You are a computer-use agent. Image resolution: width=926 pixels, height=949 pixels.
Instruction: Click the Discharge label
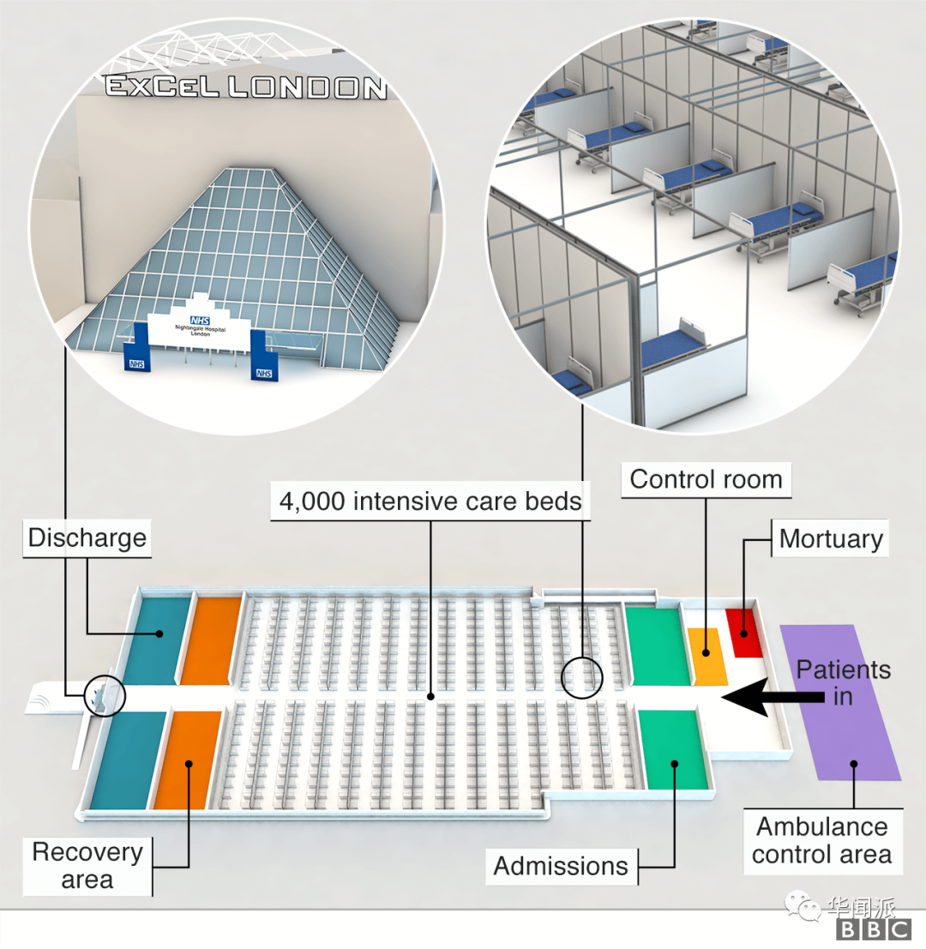(87, 538)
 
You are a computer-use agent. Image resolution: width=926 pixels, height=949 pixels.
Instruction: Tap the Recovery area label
(87, 866)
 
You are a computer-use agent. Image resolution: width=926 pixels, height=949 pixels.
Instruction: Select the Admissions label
(561, 866)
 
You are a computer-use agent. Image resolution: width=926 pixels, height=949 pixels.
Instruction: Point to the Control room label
(707, 480)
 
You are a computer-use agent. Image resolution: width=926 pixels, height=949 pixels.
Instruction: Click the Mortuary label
(830, 538)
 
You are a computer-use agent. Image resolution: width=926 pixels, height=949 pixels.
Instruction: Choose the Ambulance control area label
(822, 841)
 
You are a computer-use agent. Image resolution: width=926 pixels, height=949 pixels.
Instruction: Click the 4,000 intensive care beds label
(430, 502)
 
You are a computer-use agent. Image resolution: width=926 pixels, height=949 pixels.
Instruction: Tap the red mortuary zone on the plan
(744, 633)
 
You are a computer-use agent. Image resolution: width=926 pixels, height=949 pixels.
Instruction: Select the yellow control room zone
(707, 656)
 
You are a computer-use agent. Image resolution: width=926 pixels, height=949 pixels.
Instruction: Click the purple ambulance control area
(840, 702)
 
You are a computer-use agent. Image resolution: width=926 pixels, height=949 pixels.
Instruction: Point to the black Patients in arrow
(773, 697)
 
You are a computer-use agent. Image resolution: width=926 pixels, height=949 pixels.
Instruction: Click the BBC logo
(874, 929)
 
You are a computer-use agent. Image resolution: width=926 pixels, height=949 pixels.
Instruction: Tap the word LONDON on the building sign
(308, 87)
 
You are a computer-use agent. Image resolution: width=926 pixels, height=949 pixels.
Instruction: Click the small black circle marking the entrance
(105, 695)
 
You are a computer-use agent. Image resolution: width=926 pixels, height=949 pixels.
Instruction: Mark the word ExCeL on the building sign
(162, 86)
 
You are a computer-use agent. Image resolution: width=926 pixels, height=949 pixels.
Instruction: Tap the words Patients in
(843, 682)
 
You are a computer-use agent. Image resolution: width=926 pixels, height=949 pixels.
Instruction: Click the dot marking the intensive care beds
(431, 697)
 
